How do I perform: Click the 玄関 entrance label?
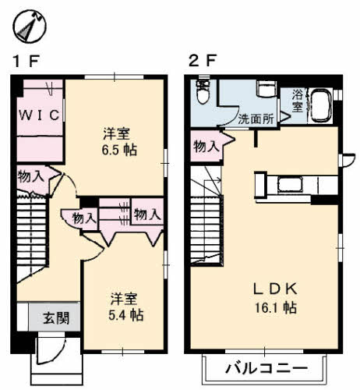click(55, 317)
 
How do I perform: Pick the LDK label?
click(274, 289)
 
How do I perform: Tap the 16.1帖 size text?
click(274, 307)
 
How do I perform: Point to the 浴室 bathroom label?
click(298, 101)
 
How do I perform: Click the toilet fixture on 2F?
click(203, 94)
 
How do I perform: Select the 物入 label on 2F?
click(206, 146)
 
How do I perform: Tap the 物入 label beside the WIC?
click(30, 176)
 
